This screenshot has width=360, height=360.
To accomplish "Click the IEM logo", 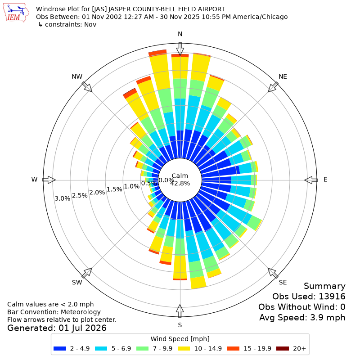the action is point(16,13).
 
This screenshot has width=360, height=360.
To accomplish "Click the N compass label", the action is point(180,34).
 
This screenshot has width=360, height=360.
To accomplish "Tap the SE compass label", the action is point(283,282).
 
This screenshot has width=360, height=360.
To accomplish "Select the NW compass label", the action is point(77,76).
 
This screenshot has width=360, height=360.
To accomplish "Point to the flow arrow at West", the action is point(49,180).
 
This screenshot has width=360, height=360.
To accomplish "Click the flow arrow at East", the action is point(311,180).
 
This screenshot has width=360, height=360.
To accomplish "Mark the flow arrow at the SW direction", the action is point(87,273).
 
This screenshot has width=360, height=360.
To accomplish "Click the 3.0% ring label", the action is point(63,198).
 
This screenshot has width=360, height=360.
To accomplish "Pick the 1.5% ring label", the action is point(114,189).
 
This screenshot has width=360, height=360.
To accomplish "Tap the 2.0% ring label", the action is point(97,192).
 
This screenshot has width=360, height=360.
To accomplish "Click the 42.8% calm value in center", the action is point(180,183).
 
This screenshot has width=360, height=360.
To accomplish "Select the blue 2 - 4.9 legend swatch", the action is point(60,348).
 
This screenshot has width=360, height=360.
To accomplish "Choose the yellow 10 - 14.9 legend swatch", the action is point(184,348).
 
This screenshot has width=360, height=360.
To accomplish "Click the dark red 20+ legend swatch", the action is point(283,348).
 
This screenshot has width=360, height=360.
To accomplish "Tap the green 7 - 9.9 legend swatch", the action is point(142,348).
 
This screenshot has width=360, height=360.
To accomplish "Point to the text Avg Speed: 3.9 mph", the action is point(302,318).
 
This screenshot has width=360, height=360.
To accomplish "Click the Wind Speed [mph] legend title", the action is point(180,339).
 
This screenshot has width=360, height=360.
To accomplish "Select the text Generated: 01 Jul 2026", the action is point(57,328).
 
